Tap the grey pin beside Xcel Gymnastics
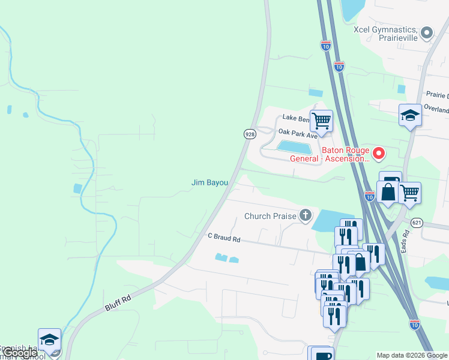click(x=427, y=32)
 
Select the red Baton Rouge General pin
click(x=379, y=154)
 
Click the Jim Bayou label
click(x=209, y=182)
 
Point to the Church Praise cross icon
click(x=306, y=215)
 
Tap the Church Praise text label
click(x=270, y=216)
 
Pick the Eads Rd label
click(x=405, y=241)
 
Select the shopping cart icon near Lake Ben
click(x=321, y=120)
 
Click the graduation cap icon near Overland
click(x=410, y=115)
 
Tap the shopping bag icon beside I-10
click(x=388, y=193)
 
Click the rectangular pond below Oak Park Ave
click(x=295, y=146)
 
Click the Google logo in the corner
click(x=19, y=353)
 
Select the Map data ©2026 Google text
click(x=412, y=356)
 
